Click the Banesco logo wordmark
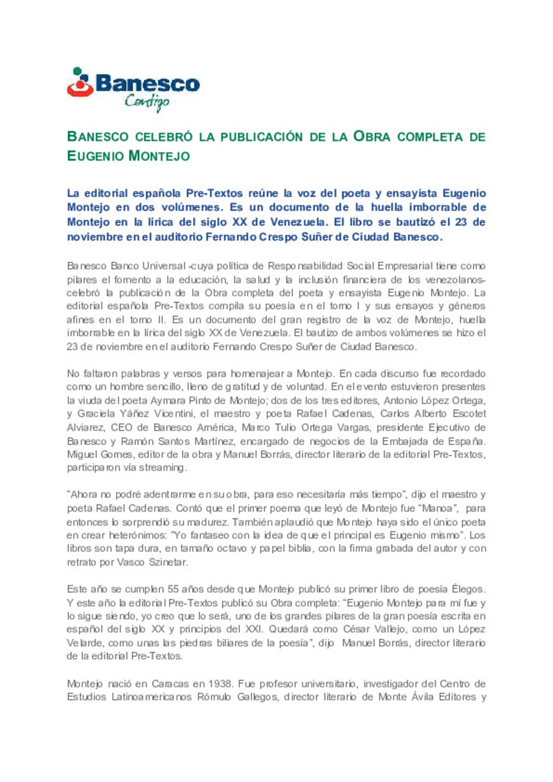pyautogui.click(x=147, y=84)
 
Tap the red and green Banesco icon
pyautogui.click(x=80, y=82)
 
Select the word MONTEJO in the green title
pyautogui.click(x=159, y=156)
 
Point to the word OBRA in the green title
pyautogui.click(x=372, y=137)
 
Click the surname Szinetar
pyautogui.click(x=168, y=562)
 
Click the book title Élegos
pyautogui.click(x=468, y=589)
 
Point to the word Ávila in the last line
pyautogui.click(x=422, y=697)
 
